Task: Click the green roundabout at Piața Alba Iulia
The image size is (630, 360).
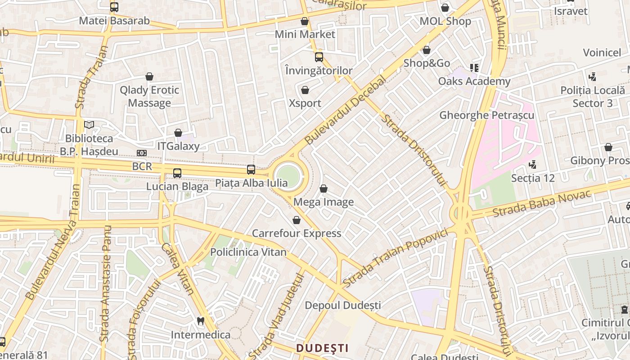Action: tap(288, 176)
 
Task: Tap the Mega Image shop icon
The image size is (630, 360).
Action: tap(323, 189)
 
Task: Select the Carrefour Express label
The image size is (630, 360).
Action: tap(296, 233)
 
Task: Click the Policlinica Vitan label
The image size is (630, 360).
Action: tap(248, 252)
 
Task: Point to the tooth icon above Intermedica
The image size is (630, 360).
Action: tap(201, 321)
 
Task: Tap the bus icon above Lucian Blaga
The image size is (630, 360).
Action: tap(177, 173)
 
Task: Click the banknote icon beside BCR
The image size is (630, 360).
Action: tap(142, 153)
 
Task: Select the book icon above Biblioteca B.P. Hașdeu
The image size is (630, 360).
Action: tap(89, 125)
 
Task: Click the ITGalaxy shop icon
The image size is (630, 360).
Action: tap(178, 133)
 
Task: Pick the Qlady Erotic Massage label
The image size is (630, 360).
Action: tap(149, 96)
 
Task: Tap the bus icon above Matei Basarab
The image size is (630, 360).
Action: tap(114, 7)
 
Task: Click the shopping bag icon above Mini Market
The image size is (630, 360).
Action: tap(305, 21)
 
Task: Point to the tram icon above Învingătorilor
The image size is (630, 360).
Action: tap(319, 57)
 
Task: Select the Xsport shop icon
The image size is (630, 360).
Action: tap(305, 90)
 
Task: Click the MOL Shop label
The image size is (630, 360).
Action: tap(445, 21)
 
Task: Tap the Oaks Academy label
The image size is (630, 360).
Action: tap(474, 81)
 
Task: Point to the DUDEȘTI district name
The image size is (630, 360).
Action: tap(322, 348)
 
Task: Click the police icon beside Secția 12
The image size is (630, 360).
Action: tap(533, 165)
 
